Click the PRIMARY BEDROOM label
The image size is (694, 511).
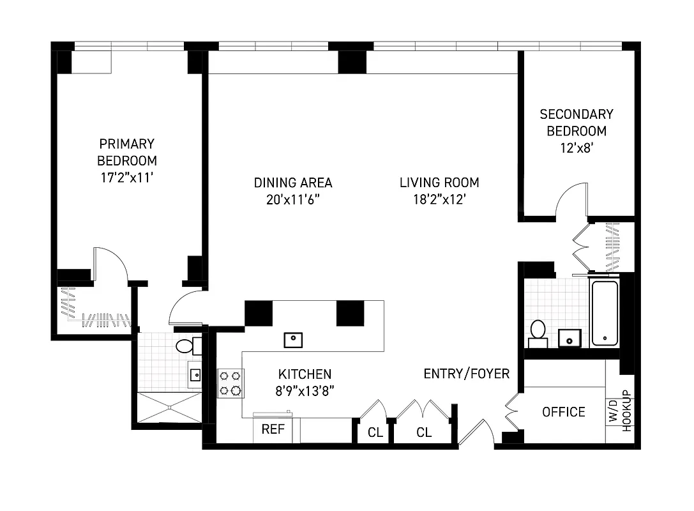click(x=126, y=152)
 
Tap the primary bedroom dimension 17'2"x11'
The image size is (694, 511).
click(x=126, y=177)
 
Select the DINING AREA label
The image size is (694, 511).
click(x=293, y=183)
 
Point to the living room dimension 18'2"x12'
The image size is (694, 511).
click(x=439, y=199)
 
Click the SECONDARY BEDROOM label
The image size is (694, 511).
click(x=576, y=123)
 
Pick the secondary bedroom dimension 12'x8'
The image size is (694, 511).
click(x=576, y=148)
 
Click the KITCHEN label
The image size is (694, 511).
click(x=305, y=374)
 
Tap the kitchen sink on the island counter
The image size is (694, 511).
click(x=293, y=340)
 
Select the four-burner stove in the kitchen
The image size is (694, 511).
click(x=230, y=383)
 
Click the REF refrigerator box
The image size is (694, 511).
click(x=273, y=429)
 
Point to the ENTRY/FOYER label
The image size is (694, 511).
click(x=467, y=374)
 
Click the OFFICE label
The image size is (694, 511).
click(x=564, y=412)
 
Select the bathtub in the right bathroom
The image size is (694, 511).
click(x=604, y=313)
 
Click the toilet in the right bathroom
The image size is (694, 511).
click(x=538, y=332)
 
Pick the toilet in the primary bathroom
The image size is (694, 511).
click(x=186, y=347)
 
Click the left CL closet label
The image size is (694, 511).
click(x=375, y=432)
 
